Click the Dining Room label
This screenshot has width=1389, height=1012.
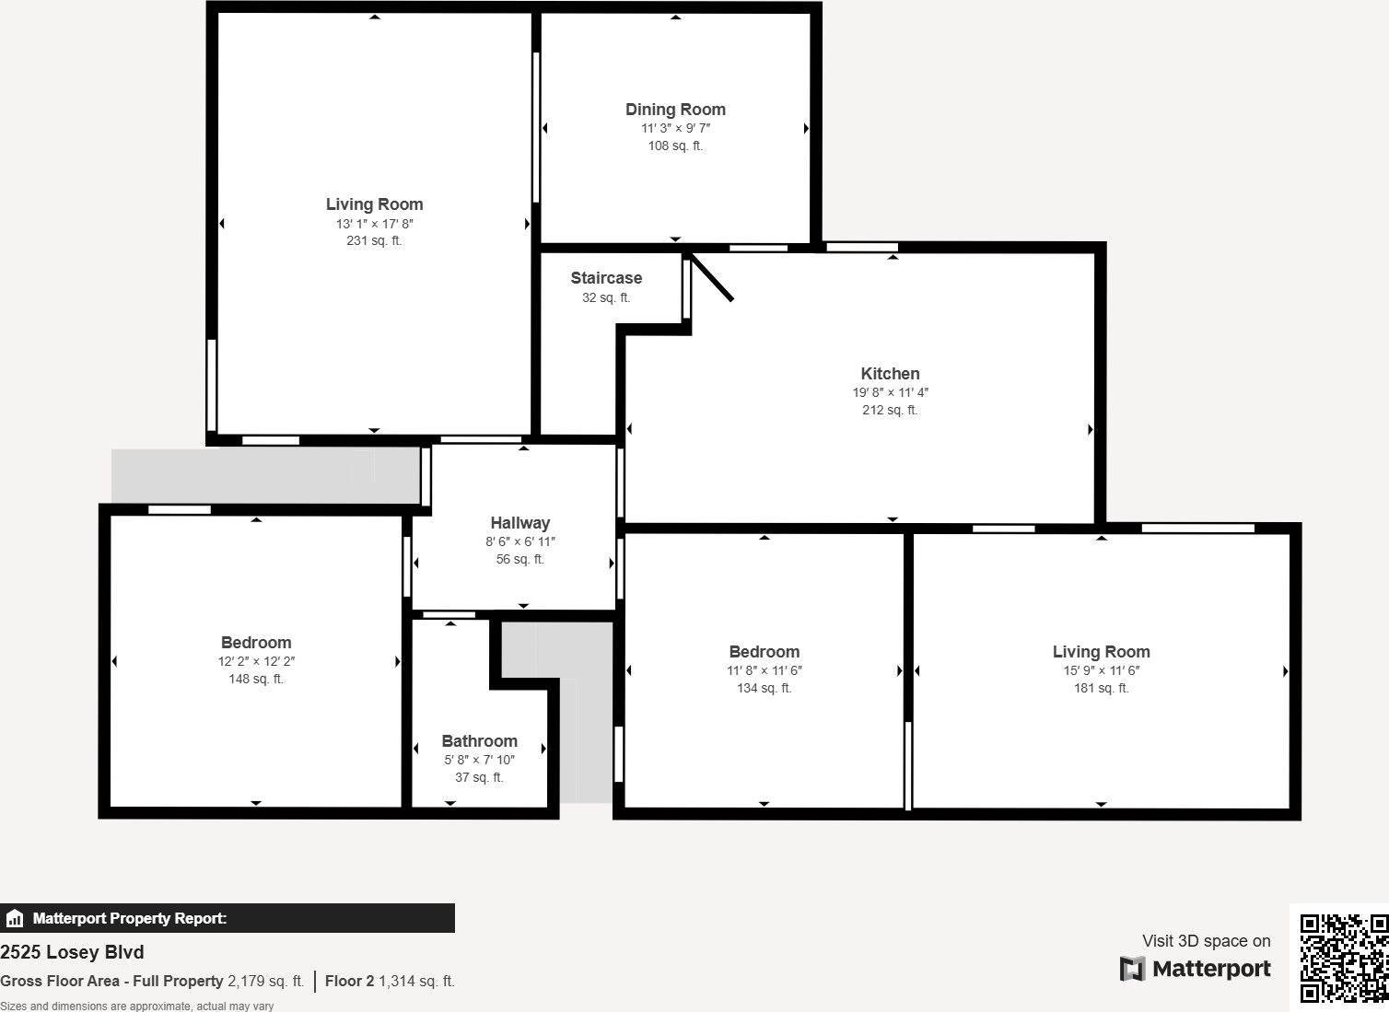(675, 110)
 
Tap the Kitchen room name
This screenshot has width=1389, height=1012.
(890, 374)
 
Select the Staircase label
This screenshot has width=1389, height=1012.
(606, 278)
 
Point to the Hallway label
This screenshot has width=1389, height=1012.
(519, 523)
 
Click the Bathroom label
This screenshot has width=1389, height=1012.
(479, 741)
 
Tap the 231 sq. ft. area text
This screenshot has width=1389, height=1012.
(374, 241)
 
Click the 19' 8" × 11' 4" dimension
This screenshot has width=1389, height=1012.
(890, 392)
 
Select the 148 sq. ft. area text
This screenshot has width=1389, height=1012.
(256, 680)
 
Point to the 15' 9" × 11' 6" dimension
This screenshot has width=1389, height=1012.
(1101, 670)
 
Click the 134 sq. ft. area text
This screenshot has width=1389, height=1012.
(764, 689)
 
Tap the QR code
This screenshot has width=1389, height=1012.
(1343, 958)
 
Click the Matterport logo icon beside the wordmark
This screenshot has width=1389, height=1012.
(1132, 969)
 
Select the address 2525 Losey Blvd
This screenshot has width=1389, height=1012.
(72, 952)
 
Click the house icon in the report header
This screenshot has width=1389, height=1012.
(15, 919)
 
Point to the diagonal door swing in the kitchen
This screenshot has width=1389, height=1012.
(713, 278)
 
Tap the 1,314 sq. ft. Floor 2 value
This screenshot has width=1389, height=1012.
(416, 982)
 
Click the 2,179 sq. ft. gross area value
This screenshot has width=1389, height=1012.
(265, 982)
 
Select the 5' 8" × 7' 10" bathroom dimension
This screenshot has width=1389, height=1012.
(479, 760)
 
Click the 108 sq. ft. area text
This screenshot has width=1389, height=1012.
(675, 145)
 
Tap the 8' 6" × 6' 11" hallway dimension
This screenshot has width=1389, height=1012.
(520, 541)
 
